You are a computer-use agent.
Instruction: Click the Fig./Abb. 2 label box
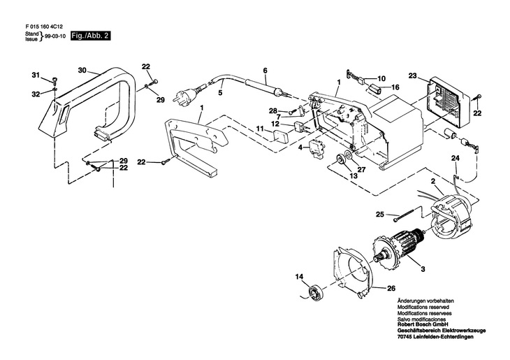tap(88, 35)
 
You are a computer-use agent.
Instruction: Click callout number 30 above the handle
tap(82, 71)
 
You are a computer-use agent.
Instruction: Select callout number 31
tap(36, 75)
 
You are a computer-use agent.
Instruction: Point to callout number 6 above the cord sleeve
tap(265, 71)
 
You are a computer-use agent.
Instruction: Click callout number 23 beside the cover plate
tap(412, 75)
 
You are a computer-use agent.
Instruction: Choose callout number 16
tap(395, 87)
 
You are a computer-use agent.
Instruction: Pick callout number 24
tap(455, 159)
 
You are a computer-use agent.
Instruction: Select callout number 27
tap(361, 168)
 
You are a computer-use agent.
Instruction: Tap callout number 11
tap(258, 129)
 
